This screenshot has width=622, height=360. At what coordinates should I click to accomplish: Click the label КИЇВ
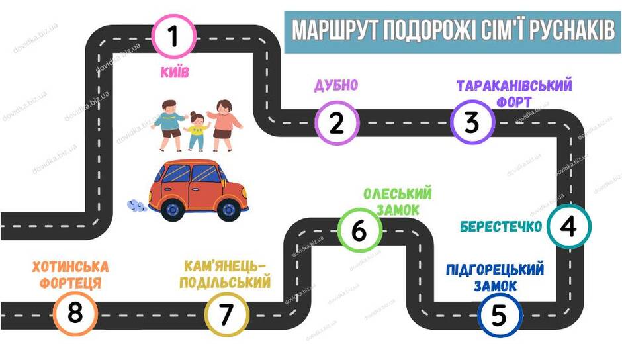tap(175, 72)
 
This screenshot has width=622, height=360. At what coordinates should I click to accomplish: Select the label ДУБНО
tap(336, 85)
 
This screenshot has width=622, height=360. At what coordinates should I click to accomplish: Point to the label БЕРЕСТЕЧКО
tap(501, 226)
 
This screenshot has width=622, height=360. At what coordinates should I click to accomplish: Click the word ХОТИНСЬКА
tap(70, 267)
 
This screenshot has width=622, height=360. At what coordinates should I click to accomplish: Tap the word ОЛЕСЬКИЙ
tap(398, 194)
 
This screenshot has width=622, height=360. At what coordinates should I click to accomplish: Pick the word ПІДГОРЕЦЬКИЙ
tap(495, 269)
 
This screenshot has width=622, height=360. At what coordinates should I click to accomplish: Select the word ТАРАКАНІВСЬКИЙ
tap(514, 86)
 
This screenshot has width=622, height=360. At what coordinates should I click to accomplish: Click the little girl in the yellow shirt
tap(196, 131)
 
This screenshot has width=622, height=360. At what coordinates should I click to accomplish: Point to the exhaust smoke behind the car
tap(137, 205)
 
